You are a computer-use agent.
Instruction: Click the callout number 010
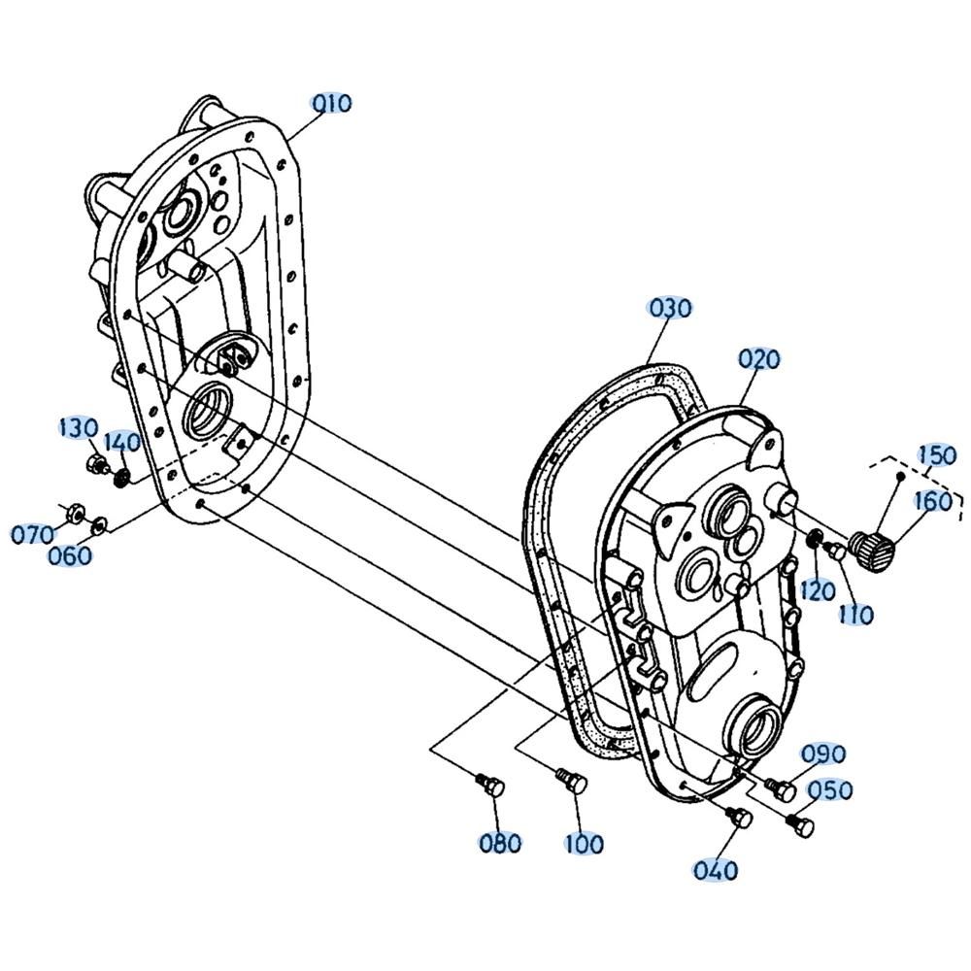pos(332,104)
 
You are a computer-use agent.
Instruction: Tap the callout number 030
pos(669,308)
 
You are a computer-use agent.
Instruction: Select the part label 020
pos(759,358)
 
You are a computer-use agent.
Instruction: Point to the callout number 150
pos(937,455)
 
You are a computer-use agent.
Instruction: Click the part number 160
pos(933,501)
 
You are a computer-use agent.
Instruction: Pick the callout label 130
pos(78,428)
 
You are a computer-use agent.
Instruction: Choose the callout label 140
pos(121,442)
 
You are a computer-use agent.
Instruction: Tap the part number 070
pos(31,534)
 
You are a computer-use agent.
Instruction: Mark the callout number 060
pos(69,555)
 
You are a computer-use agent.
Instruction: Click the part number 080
pos(500,843)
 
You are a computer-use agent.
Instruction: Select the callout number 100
pos(584,843)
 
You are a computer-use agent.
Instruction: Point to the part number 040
pos(716,870)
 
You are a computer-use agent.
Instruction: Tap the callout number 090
pos(823,753)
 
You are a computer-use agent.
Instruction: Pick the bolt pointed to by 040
pos(739,817)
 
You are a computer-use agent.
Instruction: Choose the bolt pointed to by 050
pos(799,825)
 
